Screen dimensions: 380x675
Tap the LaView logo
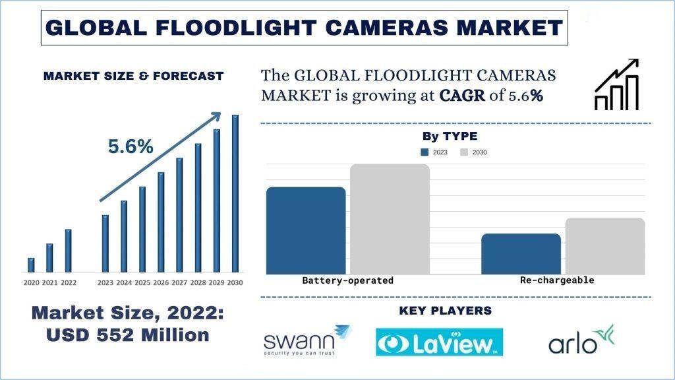439,342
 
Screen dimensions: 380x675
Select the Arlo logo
581,340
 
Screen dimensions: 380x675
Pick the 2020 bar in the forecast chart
31,265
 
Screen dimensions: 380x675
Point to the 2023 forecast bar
105,243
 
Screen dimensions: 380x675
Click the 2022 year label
69,283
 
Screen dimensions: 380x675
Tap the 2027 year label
179,283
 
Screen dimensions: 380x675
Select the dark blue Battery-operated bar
305,230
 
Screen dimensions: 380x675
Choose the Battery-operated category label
347,280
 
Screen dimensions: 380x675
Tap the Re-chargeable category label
557,280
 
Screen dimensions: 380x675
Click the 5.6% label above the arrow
131,147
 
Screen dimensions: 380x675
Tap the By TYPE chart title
450,137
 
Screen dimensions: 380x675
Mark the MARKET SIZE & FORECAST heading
133,76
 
